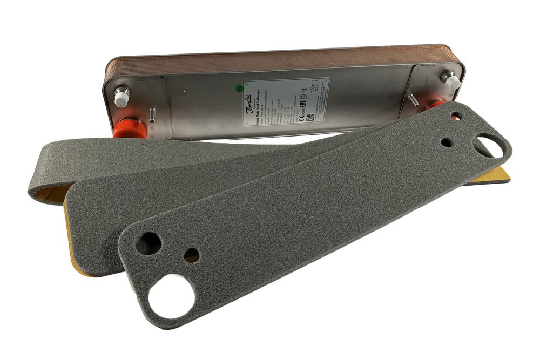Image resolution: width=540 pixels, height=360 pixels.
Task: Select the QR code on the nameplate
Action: point(310,118)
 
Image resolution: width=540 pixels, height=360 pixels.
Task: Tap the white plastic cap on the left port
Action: point(122,97)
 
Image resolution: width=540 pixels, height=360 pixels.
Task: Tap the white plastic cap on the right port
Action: point(451,81)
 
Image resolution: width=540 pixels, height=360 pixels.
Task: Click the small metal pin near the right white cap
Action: point(412,100)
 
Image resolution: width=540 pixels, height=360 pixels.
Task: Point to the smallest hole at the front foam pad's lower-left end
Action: point(191,255)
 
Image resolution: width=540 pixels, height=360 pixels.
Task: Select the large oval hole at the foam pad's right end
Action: point(489,146)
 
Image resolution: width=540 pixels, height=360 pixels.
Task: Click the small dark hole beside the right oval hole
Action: point(447,142)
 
